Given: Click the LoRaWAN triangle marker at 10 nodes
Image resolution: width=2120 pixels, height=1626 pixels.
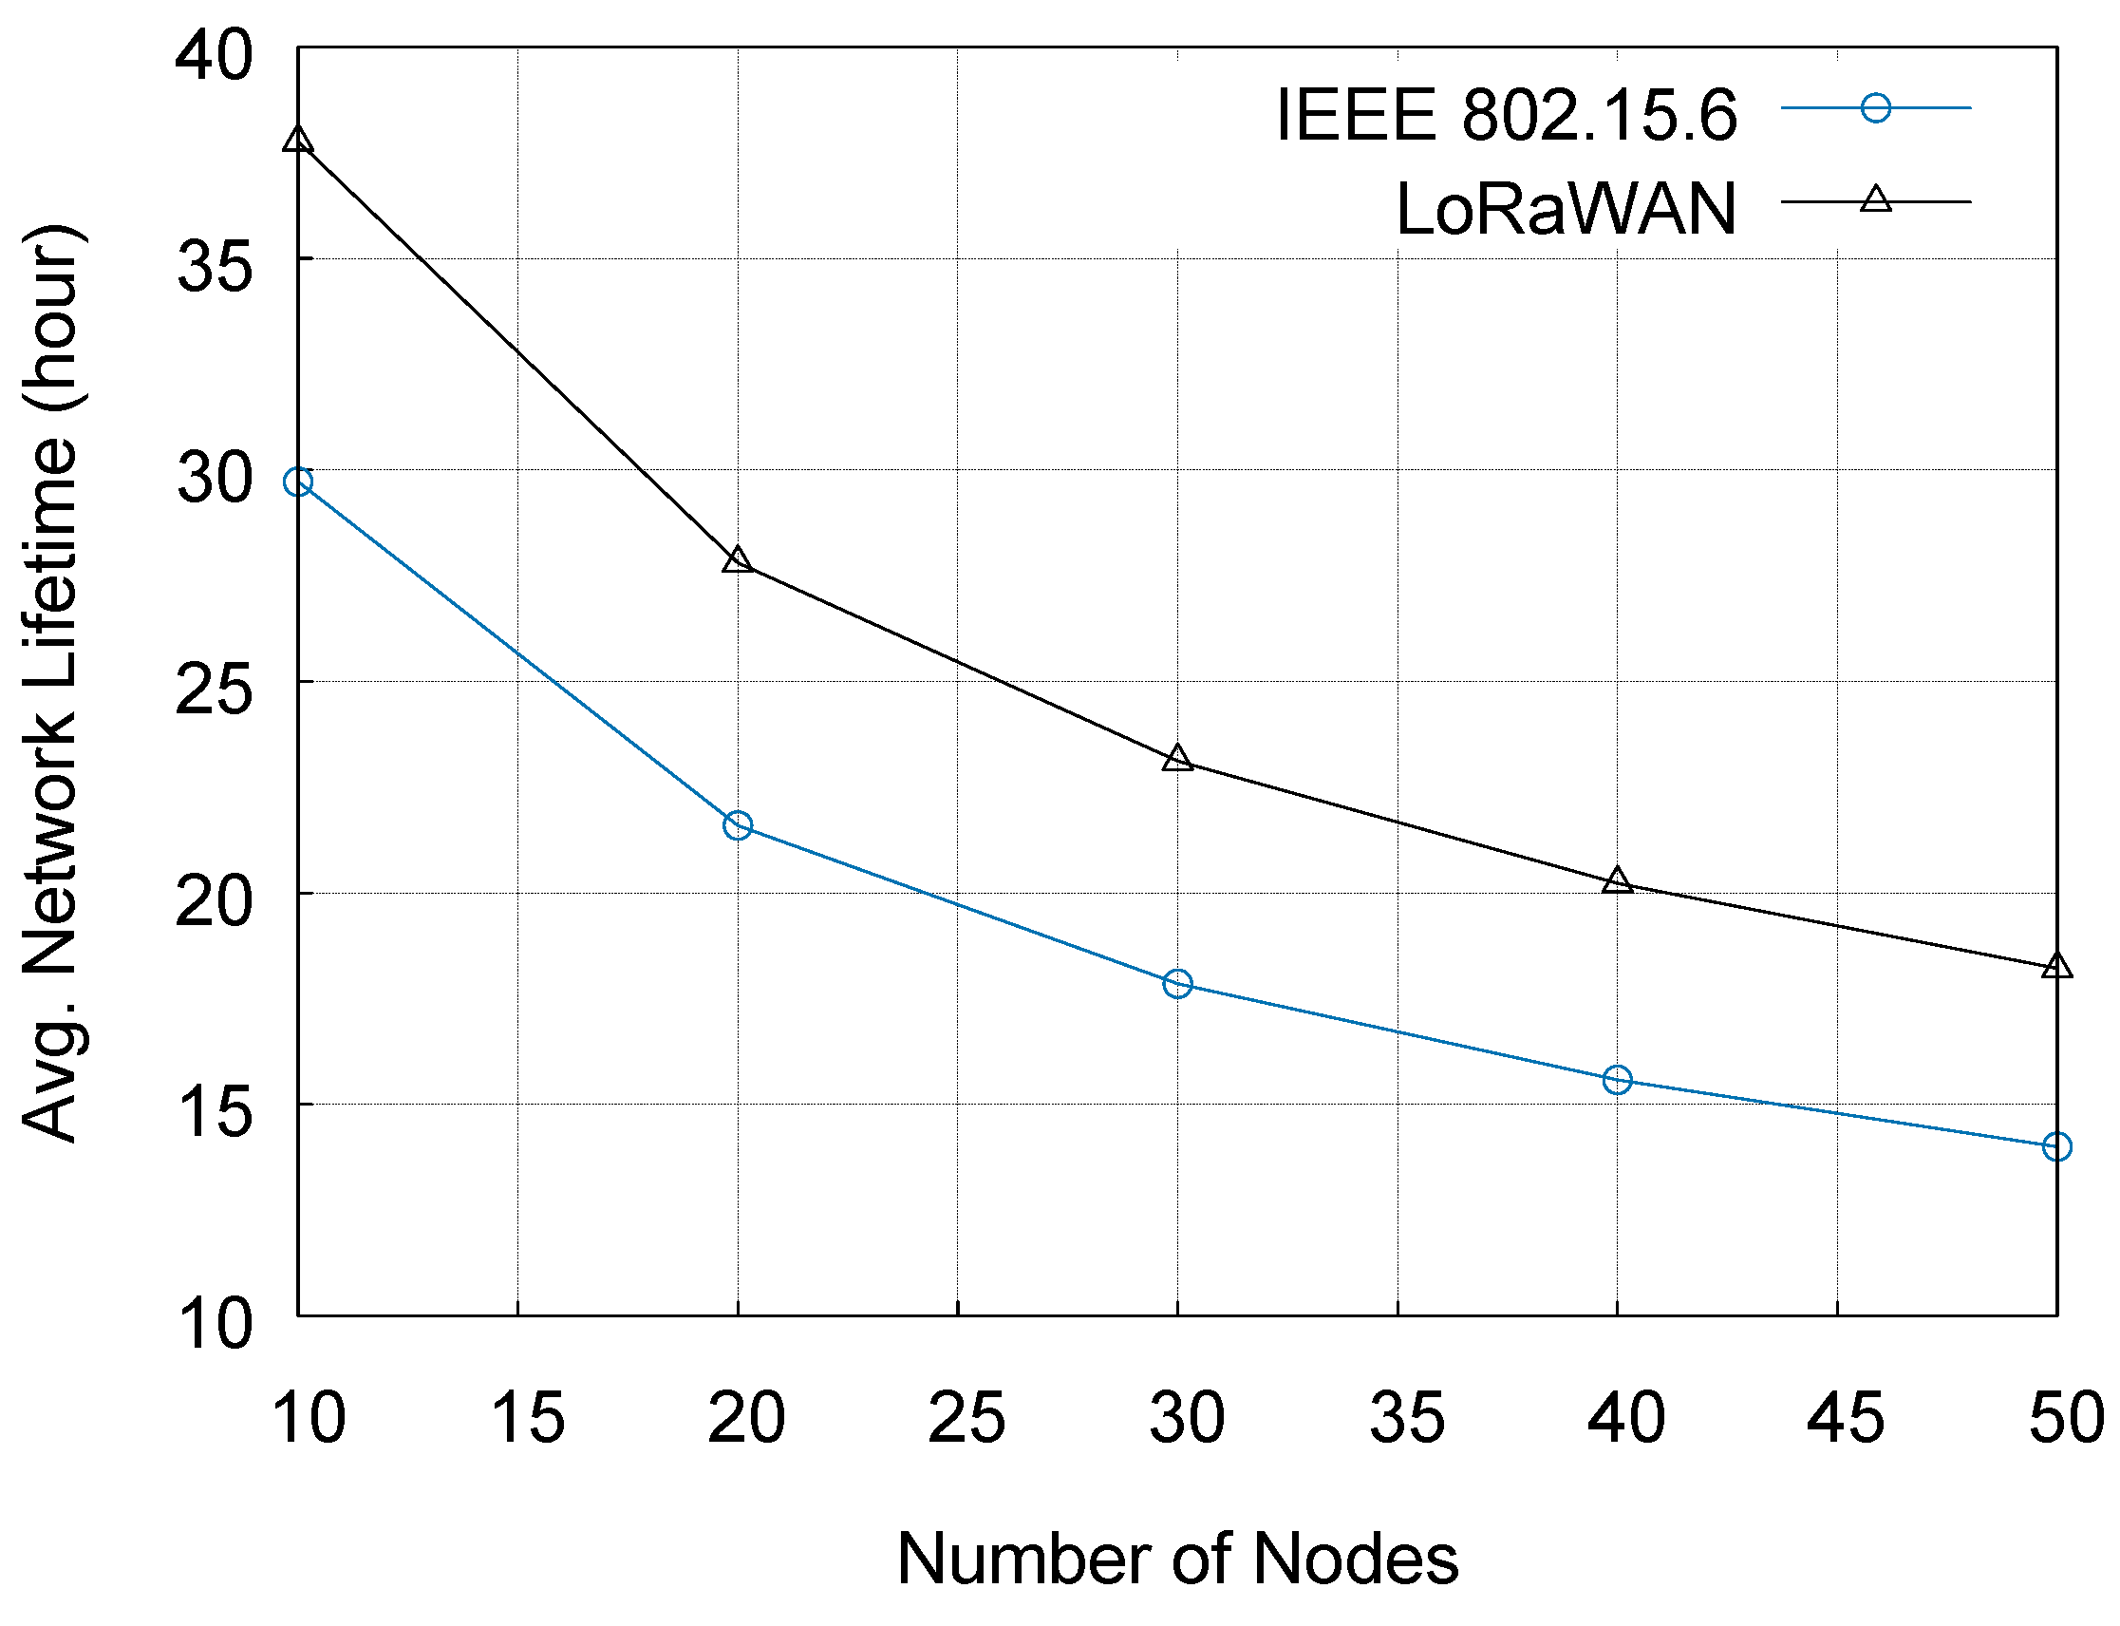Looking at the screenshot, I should (297, 140).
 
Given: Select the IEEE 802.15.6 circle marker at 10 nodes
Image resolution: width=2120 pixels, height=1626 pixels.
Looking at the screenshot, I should (297, 482).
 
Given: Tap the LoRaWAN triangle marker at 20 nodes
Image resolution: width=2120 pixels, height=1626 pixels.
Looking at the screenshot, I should (738, 559).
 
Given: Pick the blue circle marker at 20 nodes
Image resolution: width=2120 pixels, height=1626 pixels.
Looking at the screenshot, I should (738, 825).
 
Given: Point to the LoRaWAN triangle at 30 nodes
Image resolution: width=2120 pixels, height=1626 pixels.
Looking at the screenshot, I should (1177, 759).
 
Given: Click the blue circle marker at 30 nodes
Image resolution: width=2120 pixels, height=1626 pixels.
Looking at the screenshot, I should (1177, 984).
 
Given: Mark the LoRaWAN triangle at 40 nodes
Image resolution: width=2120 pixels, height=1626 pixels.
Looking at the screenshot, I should (1617, 880).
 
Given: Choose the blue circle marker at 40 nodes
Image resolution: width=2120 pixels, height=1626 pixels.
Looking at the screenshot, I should (1617, 1079).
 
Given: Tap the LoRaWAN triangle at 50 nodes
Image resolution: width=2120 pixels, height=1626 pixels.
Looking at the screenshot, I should (2056, 966).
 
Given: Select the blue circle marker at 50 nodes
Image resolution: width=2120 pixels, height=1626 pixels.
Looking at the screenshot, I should (2056, 1147).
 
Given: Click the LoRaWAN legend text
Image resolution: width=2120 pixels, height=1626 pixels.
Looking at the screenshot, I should (1565, 209).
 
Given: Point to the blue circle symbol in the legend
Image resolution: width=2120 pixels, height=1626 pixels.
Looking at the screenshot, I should (1875, 108).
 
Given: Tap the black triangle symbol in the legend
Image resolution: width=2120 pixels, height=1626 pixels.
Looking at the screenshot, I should (1875, 200).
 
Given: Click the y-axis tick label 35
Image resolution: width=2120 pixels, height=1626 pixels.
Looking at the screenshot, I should (215, 266).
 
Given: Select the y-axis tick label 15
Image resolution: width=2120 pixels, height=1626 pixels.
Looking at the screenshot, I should (215, 1112).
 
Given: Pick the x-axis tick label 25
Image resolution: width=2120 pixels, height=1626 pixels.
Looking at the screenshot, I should (966, 1418).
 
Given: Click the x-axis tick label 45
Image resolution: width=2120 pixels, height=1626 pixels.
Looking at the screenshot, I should (1846, 1418).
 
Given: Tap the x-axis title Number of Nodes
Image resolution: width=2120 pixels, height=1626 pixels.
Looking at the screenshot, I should (1176, 1560).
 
